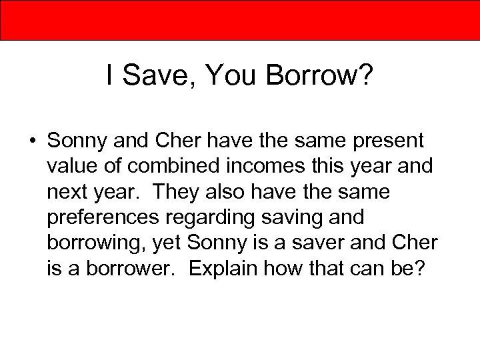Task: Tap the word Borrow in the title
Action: point(311,77)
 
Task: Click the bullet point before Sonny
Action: point(32,142)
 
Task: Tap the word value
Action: point(73,166)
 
